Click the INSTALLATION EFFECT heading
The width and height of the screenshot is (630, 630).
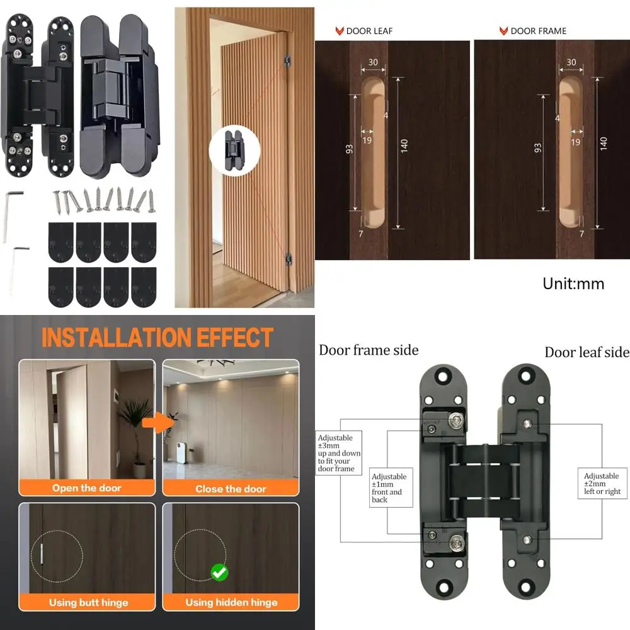click(x=157, y=338)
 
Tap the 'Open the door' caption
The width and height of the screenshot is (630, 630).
click(x=87, y=488)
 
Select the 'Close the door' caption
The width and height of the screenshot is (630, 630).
click(x=231, y=488)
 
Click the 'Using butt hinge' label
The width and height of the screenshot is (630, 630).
click(x=88, y=602)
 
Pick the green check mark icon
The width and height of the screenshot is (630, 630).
click(x=219, y=572)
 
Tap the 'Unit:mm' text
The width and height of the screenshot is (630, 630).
click(x=573, y=283)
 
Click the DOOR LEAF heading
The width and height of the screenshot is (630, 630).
click(x=369, y=30)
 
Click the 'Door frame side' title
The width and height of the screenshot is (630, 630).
click(x=369, y=350)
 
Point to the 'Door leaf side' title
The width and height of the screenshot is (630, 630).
click(x=587, y=352)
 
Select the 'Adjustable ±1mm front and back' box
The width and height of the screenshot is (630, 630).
click(x=389, y=488)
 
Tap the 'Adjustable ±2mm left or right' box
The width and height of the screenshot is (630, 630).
click(x=602, y=484)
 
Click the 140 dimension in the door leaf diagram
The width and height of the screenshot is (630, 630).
click(x=404, y=146)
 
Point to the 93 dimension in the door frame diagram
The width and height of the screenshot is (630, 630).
click(x=538, y=148)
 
